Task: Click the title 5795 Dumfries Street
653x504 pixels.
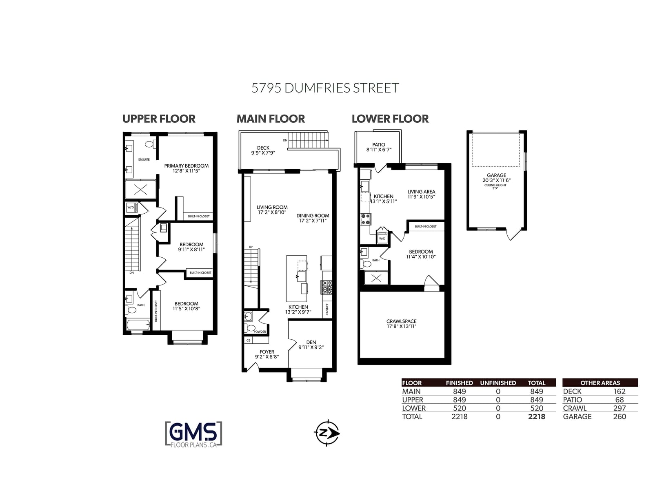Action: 325,88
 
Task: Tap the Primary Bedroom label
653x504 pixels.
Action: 187,166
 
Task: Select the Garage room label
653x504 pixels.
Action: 496,175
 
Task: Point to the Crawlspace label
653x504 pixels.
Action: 402,321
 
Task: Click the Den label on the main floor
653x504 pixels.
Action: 311,342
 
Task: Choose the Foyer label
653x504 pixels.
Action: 267,352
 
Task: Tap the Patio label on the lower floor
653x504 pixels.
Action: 379,145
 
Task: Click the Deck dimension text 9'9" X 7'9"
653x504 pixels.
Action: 263,153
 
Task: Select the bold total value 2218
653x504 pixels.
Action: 537,417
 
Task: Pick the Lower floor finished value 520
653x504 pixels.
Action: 460,408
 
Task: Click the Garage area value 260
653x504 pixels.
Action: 620,417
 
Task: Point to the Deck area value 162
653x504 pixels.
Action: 620,391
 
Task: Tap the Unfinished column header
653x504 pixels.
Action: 498,383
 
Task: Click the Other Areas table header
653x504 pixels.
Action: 600,383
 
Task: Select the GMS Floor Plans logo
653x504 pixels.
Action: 194,434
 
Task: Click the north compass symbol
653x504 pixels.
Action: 327,433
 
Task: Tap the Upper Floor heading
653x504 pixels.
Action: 159,119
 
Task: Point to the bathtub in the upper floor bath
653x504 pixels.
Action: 138,325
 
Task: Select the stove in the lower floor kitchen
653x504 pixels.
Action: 366,219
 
